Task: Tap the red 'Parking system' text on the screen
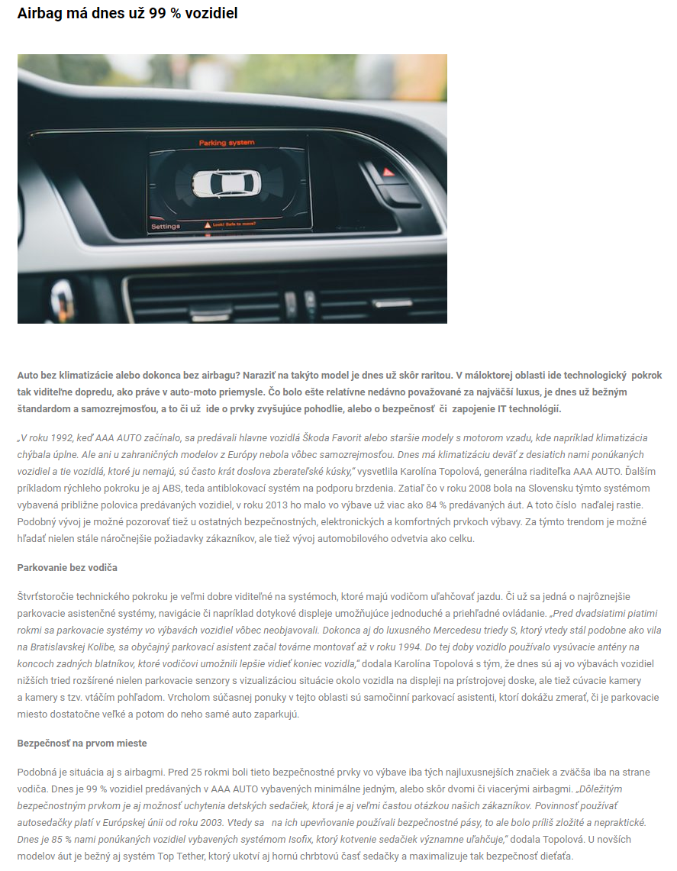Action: (227, 143)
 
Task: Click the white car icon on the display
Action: (227, 182)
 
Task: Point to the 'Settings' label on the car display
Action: (166, 227)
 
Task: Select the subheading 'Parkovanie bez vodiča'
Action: (67, 568)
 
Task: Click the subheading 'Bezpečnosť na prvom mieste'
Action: (82, 744)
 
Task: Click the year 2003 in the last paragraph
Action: (230, 822)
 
